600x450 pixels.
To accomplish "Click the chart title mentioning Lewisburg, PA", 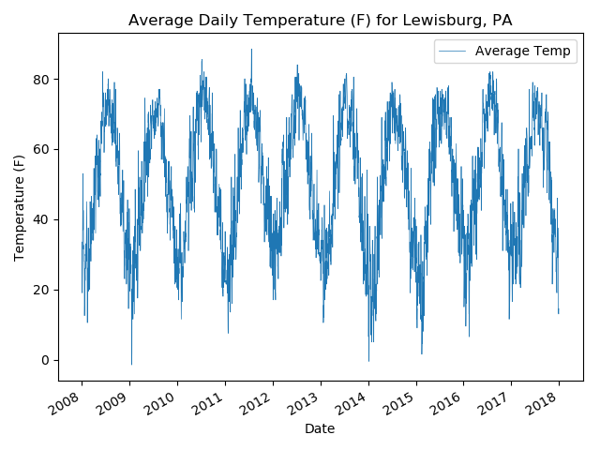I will (320, 20).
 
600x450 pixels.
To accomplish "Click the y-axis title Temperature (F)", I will (19, 207).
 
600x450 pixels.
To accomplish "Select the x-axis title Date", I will (320, 428).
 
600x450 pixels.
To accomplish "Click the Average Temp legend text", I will (522, 51).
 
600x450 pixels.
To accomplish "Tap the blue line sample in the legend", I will (453, 51).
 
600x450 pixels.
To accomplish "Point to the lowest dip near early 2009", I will (131, 364).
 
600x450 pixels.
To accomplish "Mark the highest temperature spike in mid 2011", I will (251, 50).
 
